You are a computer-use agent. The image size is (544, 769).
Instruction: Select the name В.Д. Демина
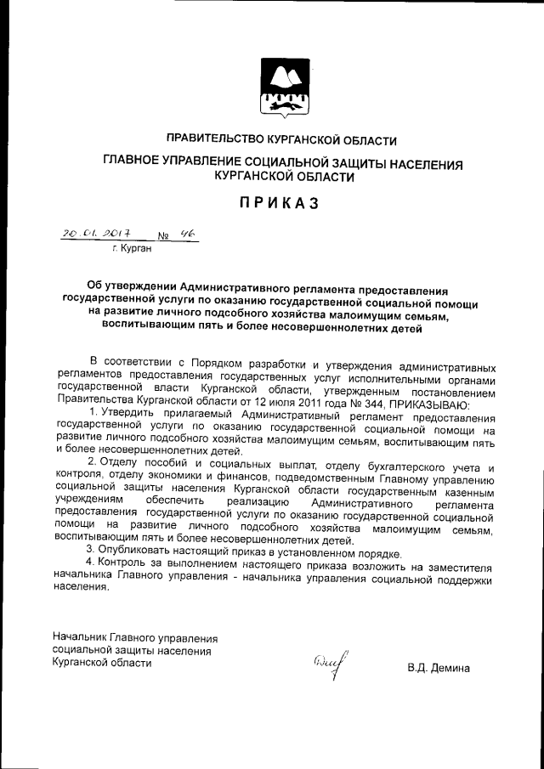click(x=438, y=668)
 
